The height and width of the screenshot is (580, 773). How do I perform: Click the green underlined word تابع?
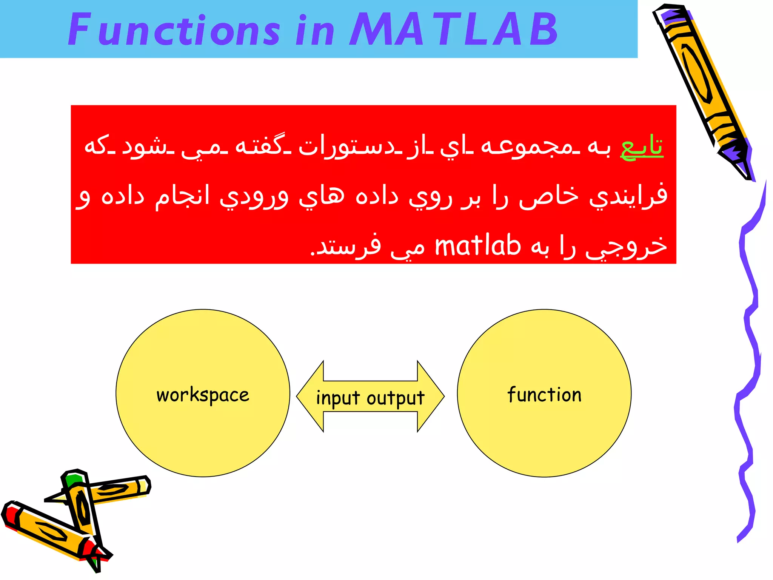pos(642,147)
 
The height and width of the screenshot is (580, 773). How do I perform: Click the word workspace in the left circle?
pos(203,395)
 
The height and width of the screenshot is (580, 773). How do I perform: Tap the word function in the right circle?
pos(544,395)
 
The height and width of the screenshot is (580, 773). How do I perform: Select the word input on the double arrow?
pos(338,399)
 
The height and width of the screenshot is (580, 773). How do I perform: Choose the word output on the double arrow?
pos(396,399)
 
